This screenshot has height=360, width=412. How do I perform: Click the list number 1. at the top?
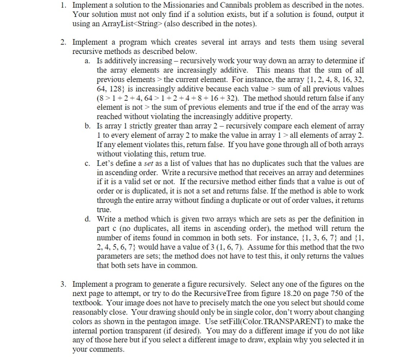(x=64, y=5)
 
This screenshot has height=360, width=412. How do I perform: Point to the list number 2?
(x=64, y=42)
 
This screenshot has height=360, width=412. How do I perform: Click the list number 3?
(x=64, y=284)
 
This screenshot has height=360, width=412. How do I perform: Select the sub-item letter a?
(x=87, y=61)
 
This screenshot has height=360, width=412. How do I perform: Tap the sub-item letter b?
(x=87, y=126)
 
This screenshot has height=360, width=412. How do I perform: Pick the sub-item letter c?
(x=87, y=163)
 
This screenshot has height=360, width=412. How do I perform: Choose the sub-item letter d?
(x=87, y=219)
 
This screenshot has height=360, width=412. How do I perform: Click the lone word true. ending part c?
(x=104, y=210)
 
